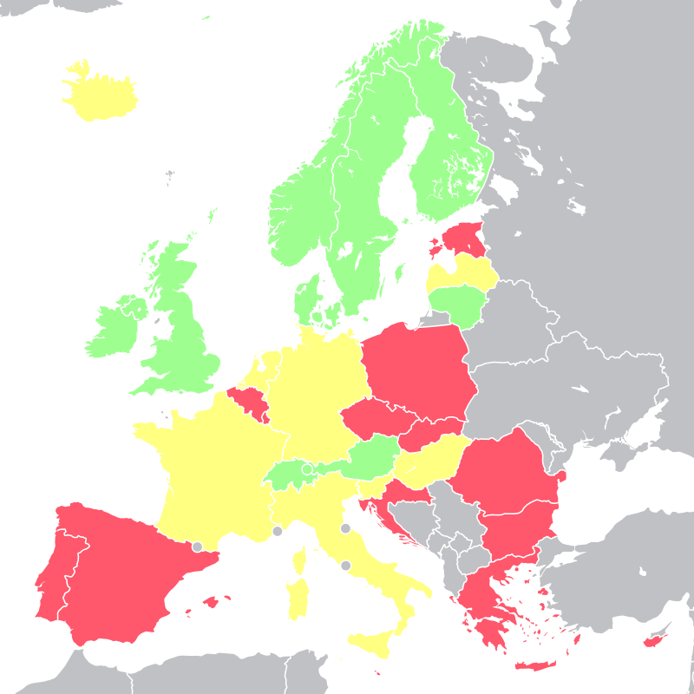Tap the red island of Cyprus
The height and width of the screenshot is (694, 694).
point(650,643)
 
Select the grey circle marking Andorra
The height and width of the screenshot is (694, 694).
point(197,547)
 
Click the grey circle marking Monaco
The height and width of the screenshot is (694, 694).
point(277,531)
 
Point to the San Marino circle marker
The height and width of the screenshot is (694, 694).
point(345,528)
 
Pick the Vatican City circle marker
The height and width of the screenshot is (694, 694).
point(345,566)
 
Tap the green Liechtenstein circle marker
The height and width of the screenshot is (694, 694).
point(306,468)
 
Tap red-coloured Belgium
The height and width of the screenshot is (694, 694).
point(249,401)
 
